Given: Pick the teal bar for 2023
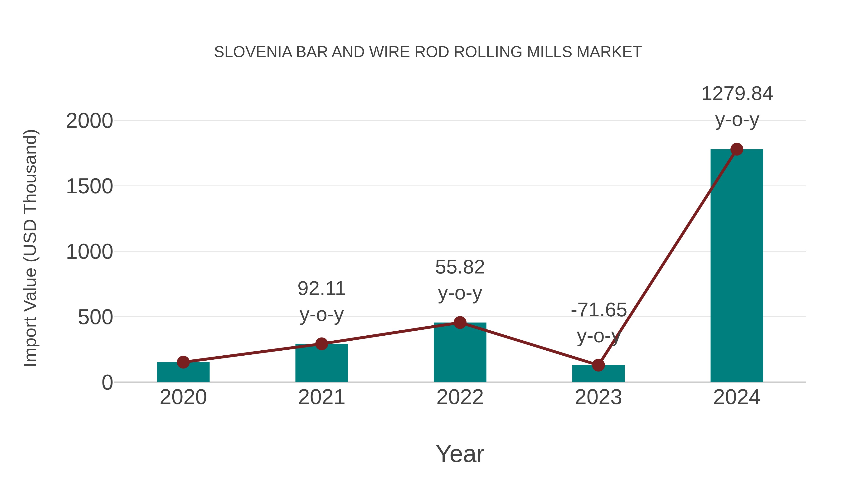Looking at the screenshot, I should pos(598,374).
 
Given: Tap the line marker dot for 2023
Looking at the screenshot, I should pos(598,365).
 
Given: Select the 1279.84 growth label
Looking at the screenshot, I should pos(737,94).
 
